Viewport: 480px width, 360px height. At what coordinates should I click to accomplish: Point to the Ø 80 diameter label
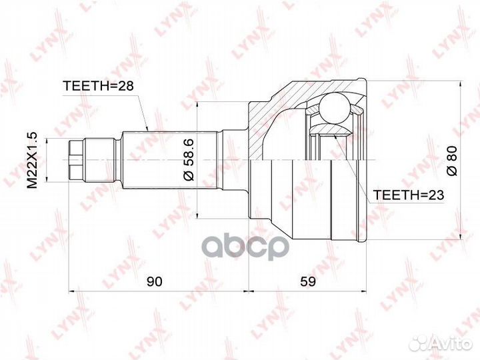(x=451, y=161)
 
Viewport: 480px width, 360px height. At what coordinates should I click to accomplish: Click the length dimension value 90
(x=155, y=281)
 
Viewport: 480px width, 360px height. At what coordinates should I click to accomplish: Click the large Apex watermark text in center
(x=240, y=247)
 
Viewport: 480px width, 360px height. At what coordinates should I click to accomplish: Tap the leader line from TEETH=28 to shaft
(x=141, y=110)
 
